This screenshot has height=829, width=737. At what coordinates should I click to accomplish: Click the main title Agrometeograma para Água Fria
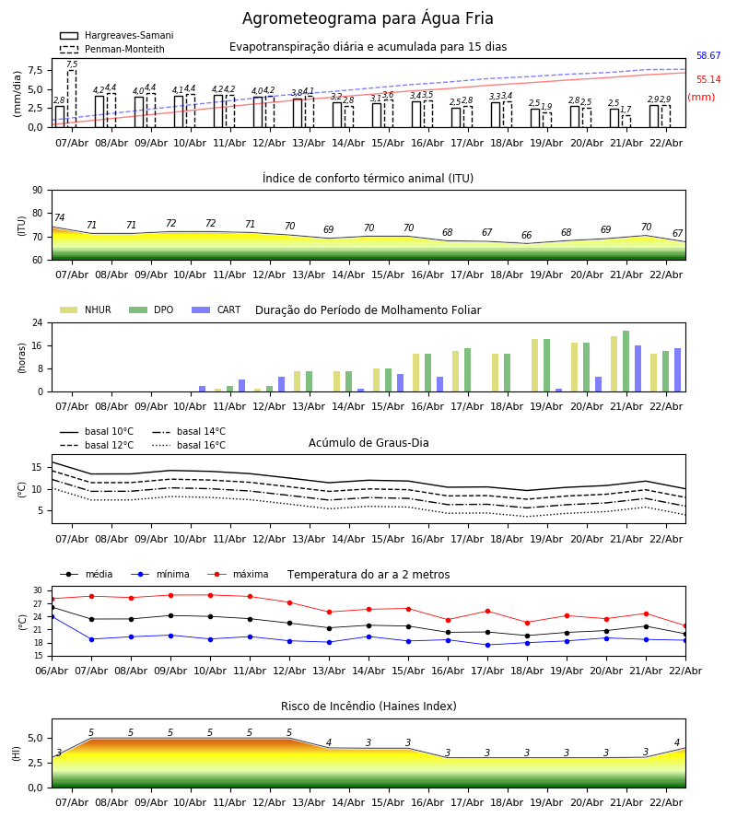point(368,18)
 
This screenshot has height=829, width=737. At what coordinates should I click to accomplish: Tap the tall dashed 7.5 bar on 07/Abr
point(72,98)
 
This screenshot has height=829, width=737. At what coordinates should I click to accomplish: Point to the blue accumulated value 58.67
point(708,56)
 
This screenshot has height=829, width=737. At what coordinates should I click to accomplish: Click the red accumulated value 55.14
point(708,80)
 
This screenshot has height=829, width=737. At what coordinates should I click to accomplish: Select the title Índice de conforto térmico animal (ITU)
point(368,179)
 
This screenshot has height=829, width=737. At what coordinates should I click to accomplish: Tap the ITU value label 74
point(59,218)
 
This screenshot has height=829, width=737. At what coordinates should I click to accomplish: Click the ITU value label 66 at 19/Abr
point(526,236)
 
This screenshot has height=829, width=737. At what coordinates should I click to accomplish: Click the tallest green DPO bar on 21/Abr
point(626,361)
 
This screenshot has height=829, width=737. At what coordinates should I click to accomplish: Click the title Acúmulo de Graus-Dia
point(368,443)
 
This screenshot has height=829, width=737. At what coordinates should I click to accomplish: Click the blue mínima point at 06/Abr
point(52,616)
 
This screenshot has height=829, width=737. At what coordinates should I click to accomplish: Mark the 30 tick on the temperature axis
point(38,590)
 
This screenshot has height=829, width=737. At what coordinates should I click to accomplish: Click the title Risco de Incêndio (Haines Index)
point(368,706)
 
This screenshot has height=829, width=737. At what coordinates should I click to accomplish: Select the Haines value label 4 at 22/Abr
point(676,743)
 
